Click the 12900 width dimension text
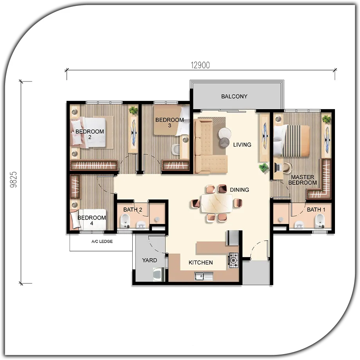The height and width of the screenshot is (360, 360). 200,65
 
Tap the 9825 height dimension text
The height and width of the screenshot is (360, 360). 14,180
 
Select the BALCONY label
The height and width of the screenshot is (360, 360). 234,96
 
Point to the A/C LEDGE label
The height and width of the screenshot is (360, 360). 102,241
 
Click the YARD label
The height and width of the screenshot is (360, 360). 149,260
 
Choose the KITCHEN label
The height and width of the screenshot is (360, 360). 201,263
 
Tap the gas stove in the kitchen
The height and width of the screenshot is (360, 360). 233,260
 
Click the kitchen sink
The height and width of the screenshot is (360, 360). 204,276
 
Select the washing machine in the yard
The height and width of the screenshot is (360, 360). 158,275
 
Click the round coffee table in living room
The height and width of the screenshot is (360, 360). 225,133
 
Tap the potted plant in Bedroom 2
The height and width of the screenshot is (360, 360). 133,110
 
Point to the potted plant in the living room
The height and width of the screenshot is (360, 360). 264,167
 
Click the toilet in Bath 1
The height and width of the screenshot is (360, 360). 320,220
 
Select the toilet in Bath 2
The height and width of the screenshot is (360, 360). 125,220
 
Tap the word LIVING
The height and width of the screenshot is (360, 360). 242,145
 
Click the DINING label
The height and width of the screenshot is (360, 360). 239,190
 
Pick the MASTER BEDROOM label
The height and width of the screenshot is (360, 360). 302,180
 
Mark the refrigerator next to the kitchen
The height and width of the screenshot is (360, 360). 234,238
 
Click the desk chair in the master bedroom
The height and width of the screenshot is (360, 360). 287,167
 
